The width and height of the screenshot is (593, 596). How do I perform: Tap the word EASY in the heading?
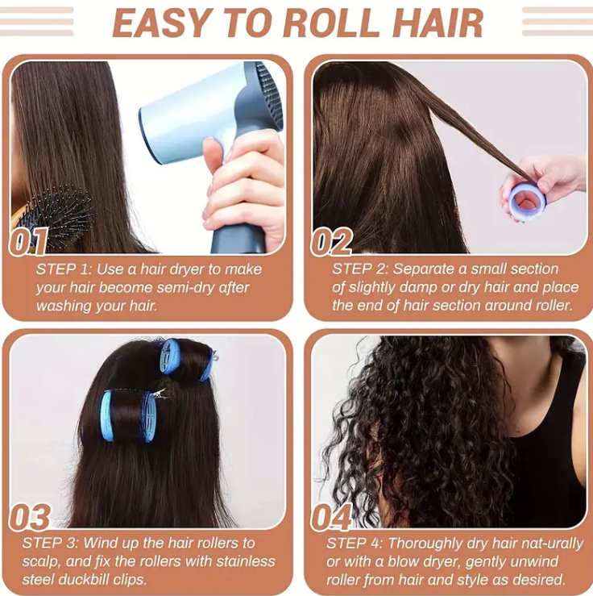point(164,23)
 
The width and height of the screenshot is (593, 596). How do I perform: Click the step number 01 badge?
point(29,241)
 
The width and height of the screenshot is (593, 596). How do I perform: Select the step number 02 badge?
point(331,241)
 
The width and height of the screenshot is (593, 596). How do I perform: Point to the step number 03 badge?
point(30,517)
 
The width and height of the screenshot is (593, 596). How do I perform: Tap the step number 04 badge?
point(331,517)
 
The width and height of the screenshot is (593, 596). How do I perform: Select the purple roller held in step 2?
point(527,202)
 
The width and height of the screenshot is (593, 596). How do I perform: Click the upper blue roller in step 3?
point(186,359)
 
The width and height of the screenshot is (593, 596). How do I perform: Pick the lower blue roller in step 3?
point(128,415)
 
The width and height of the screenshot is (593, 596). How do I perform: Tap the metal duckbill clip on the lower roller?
point(158,394)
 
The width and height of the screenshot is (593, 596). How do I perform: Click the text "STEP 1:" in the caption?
point(64,269)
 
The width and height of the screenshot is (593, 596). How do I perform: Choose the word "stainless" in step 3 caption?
point(244,561)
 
